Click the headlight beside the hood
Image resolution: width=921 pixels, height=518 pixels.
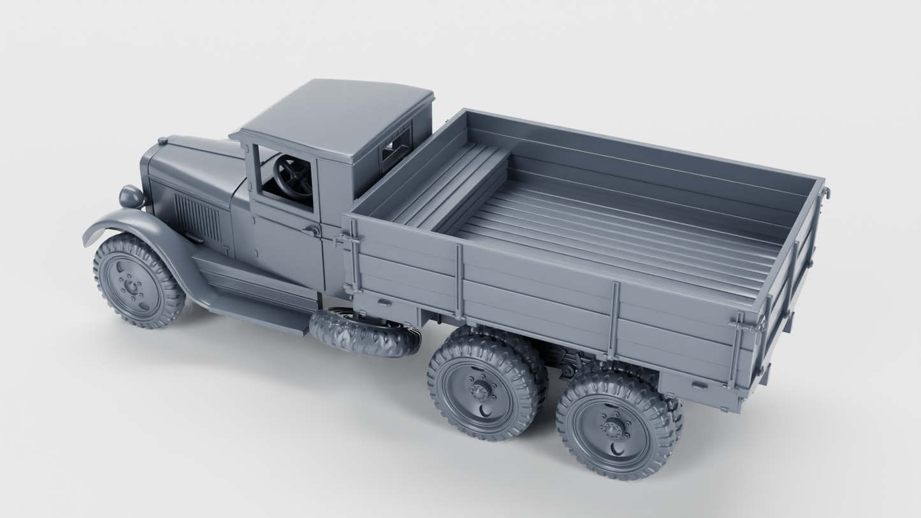(131, 196)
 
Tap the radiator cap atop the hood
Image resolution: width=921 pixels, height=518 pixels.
(163, 141)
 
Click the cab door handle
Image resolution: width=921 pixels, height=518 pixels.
(313, 230)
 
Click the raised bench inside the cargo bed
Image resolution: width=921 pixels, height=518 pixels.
(446, 185)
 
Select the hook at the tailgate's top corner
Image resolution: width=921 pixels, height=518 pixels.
(826, 191)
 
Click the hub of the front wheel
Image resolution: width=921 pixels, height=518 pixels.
(132, 287)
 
